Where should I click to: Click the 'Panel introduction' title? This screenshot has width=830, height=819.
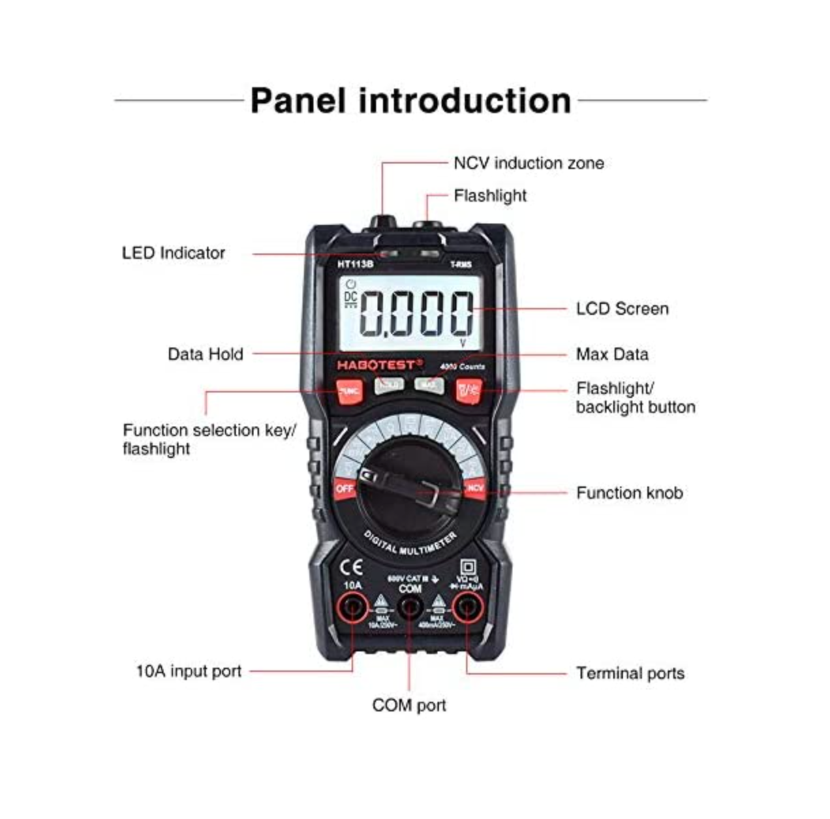pos(410,101)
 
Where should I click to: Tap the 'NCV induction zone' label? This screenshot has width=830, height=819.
pos(528,164)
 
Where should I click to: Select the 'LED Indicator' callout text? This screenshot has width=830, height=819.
pos(173,253)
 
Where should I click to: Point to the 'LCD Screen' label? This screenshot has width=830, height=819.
pos(622,309)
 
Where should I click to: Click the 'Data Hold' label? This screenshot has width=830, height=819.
pos(205,354)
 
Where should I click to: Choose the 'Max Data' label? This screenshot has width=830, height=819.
pos(612,354)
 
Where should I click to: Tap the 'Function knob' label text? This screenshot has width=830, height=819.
pos(629,493)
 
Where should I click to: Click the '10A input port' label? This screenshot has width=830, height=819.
pos(189,671)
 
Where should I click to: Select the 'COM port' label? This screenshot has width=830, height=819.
pos(409,705)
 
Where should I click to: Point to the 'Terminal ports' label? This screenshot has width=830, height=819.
pos(630,673)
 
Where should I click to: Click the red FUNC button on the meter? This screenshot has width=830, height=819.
pos(349,391)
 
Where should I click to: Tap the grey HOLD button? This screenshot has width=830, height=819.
pos(389,385)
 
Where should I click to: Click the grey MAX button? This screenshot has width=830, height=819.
pos(429,385)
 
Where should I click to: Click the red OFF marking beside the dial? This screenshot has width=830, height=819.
pos(345,489)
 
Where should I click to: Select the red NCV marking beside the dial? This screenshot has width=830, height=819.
pos(474,489)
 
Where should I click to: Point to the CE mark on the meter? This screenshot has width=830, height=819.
pos(351,568)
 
